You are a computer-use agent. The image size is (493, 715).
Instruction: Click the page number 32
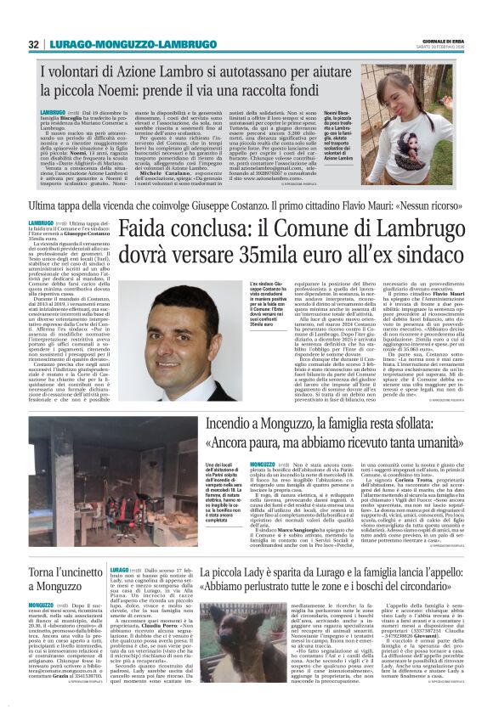34,44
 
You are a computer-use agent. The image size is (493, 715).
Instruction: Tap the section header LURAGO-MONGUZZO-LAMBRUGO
121,44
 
